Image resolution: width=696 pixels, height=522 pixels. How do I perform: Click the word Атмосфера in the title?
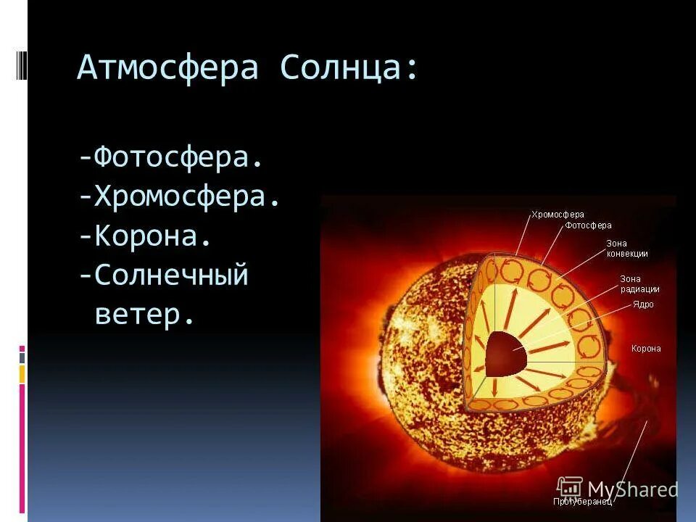167,68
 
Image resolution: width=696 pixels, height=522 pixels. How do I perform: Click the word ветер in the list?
145,315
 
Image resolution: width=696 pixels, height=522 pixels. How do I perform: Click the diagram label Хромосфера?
558,215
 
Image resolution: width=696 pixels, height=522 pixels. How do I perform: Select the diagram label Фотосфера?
588,225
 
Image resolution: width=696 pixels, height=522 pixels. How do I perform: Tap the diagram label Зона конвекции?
626,249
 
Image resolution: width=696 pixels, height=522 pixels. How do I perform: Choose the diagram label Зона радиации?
639,284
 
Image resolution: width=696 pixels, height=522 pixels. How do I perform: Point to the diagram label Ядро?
642,304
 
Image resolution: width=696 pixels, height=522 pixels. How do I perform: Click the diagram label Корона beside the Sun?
646,349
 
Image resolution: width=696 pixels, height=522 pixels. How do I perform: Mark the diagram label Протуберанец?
583,501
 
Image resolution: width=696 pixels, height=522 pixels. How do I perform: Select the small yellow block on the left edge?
22,374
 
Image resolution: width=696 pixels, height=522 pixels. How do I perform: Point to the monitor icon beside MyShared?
571,487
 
